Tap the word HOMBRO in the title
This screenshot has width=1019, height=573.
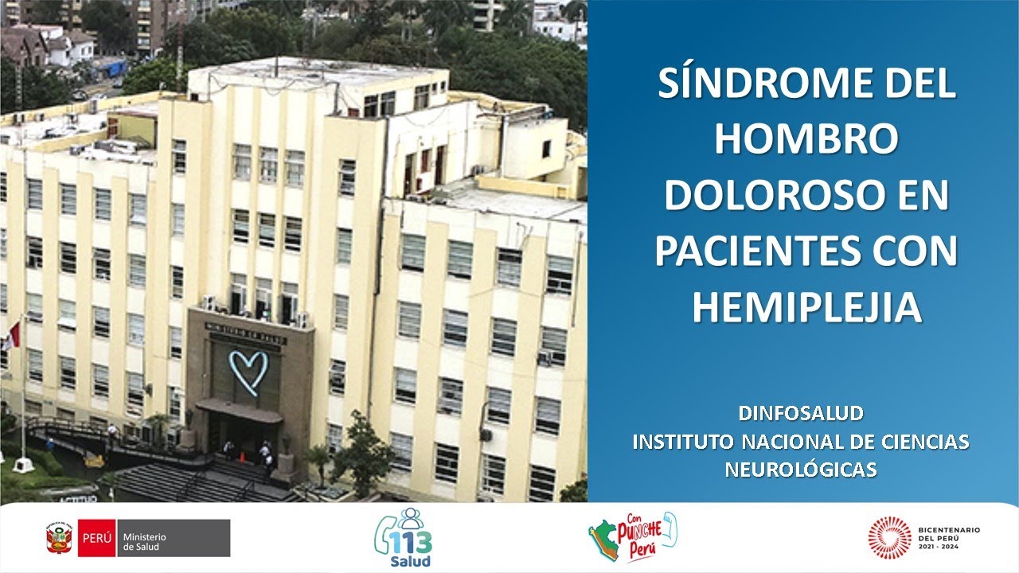[806, 140]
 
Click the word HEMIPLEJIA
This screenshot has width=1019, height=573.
[806, 307]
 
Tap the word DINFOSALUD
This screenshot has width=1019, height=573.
[801, 414]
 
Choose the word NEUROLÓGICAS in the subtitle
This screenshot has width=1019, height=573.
[801, 470]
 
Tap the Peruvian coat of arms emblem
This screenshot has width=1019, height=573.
[61, 539]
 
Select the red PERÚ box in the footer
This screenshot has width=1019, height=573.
[97, 539]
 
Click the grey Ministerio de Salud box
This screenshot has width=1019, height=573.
[174, 539]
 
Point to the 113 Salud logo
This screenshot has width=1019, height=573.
[404, 539]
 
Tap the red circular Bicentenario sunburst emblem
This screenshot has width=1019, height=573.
[889, 536]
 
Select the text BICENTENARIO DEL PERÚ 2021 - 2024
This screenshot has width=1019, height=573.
[949, 536]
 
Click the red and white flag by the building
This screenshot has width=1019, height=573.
[11, 336]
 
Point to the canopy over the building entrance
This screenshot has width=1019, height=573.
[239, 410]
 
